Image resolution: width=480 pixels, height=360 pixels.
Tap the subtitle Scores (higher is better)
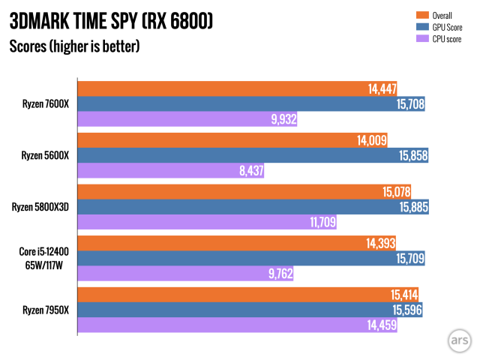tap(74, 47)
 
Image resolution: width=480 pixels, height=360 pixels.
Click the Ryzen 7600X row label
tap(45, 103)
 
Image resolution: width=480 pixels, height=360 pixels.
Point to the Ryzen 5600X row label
tap(45, 155)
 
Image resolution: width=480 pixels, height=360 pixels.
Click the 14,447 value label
tap(382, 88)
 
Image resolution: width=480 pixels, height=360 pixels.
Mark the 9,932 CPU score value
tap(282, 118)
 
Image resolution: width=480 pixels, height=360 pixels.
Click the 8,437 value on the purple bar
tap(253, 170)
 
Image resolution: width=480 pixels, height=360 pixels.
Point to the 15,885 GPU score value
tap(413, 207)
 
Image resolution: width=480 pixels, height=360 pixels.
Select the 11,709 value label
tap(322, 222)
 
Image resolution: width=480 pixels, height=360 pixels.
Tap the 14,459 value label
tap(381, 325)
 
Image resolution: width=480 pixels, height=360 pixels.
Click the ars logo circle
tap(455, 337)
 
